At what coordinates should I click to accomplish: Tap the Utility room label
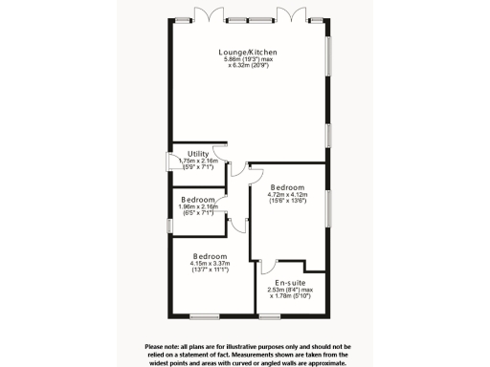coord(198,153)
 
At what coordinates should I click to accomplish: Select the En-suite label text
coord(290,283)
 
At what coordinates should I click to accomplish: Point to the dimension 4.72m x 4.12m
coord(287,195)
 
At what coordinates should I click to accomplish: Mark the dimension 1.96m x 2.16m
coord(199,206)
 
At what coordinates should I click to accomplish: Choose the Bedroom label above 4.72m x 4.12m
coord(287,186)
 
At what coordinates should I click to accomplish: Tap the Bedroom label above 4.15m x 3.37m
coord(210,257)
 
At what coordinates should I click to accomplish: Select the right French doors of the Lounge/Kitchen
coord(290,13)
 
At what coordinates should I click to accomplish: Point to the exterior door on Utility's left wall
coord(170,162)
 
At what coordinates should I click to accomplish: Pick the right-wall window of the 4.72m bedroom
coord(328,210)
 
